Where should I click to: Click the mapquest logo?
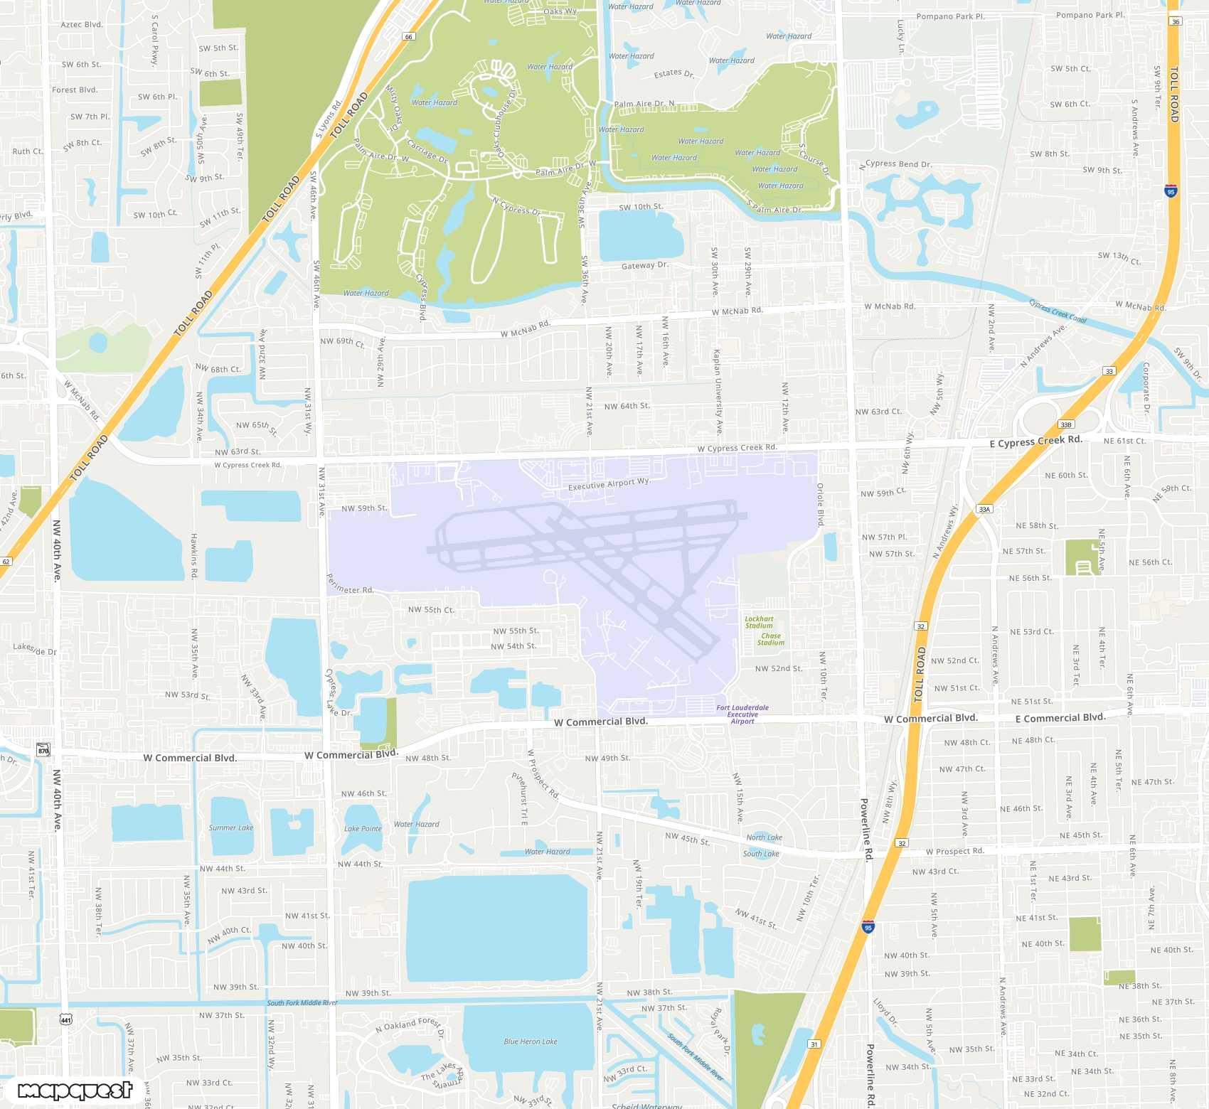pos(75,1091)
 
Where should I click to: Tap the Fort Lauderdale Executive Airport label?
pos(742,714)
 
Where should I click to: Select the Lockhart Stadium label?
pos(759,622)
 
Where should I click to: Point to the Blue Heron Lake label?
pos(531,1041)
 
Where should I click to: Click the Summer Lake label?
pos(231,827)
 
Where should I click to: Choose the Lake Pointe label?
pos(363,828)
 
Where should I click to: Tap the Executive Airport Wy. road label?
pos(609,484)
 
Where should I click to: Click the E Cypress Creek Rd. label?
pos(1036,441)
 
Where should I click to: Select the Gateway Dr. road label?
pos(645,265)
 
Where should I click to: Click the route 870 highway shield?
pos(43,750)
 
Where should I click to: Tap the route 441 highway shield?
pos(66,1020)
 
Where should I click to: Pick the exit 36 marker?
pos(1176,21)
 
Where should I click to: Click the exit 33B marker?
pos(1065,424)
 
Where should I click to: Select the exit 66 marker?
pos(408,36)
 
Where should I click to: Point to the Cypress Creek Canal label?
pos(1058,311)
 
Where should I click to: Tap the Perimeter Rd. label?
pos(350,584)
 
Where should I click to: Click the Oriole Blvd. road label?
pos(820,505)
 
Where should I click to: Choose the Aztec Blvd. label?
pos(82,24)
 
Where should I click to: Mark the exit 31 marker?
pos(814,1044)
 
